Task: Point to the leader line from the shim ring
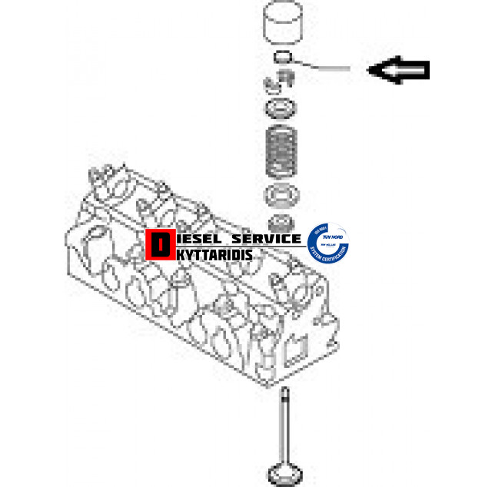click(323, 68)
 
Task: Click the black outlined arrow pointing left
click(400, 71)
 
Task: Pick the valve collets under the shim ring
click(281, 80)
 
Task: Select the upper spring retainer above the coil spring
click(282, 107)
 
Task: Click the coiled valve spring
click(282, 150)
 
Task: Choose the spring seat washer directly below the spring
click(282, 195)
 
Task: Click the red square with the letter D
click(159, 245)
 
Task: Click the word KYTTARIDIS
click(209, 253)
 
